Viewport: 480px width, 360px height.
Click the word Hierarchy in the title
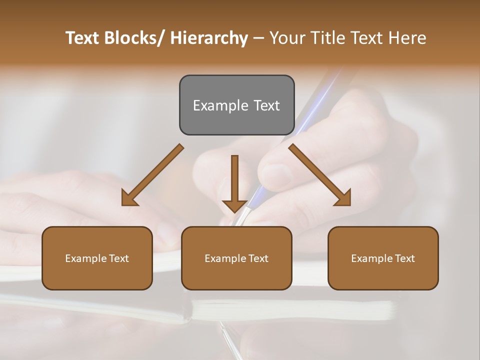click(x=209, y=38)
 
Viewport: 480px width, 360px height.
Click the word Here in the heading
click(x=407, y=38)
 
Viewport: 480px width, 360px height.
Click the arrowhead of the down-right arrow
click(x=342, y=197)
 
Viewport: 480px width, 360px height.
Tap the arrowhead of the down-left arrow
click(x=129, y=197)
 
